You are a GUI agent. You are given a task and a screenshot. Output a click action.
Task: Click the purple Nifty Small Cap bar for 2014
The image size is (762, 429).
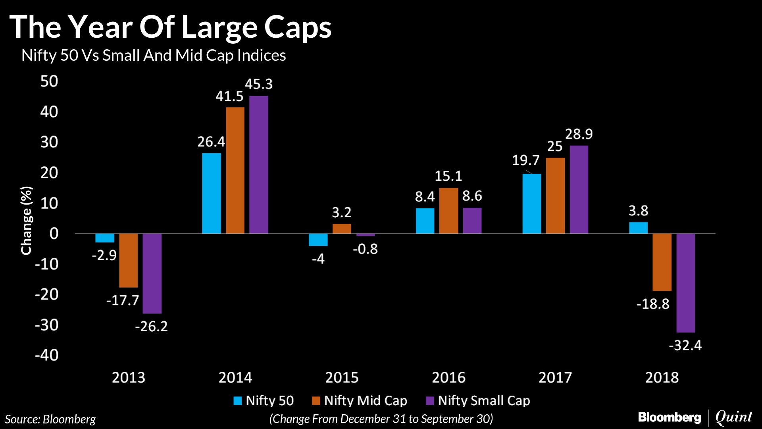pyautogui.click(x=259, y=164)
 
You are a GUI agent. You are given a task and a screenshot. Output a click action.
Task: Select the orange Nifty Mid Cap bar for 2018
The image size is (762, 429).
pyautogui.click(x=662, y=262)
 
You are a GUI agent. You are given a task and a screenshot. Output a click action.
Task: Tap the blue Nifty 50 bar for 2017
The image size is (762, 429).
pyautogui.click(x=531, y=203)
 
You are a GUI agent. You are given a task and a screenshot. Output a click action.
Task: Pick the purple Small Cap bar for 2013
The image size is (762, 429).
pyautogui.click(x=152, y=273)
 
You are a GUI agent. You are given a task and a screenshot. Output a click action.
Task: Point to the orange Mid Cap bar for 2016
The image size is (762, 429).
pyautogui.click(x=448, y=211)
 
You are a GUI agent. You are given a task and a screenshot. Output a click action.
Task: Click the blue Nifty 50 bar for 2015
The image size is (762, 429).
pyautogui.click(x=318, y=240)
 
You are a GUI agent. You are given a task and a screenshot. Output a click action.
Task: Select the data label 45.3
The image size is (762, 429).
pyautogui.click(x=259, y=84)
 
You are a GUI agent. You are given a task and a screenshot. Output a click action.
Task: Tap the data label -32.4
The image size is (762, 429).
pyautogui.click(x=685, y=345)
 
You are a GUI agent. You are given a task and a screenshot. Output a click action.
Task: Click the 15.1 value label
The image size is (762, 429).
pyautogui.click(x=448, y=176)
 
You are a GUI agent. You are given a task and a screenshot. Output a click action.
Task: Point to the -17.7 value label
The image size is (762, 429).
pyautogui.click(x=123, y=300)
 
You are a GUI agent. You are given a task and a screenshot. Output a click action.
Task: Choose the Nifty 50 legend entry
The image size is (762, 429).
pyautogui.click(x=264, y=400)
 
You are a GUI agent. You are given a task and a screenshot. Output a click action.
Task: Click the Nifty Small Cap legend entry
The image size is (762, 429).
pyautogui.click(x=478, y=400)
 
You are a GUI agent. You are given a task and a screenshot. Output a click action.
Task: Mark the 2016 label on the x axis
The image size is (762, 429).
pyautogui.click(x=448, y=377)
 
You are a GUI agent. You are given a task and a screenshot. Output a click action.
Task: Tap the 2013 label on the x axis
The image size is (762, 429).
pyautogui.click(x=128, y=377)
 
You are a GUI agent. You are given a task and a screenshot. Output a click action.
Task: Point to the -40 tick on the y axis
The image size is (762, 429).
pyautogui.click(x=46, y=355)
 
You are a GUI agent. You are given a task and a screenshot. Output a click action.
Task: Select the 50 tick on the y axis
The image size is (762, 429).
pyautogui.click(x=49, y=81)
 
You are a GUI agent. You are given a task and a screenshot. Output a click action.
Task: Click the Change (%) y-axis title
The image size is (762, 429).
pyautogui.click(x=26, y=220)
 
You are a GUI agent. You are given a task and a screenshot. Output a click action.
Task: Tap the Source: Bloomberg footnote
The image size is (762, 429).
pyautogui.click(x=50, y=419)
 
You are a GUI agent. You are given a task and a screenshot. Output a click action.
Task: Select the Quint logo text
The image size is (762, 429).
pyautogui.click(x=733, y=417)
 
